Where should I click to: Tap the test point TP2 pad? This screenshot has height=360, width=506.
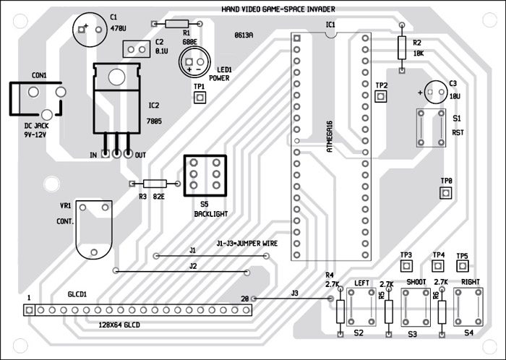[382, 99]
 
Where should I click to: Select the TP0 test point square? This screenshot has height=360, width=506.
[446, 193]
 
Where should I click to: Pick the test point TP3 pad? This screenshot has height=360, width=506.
[406, 267]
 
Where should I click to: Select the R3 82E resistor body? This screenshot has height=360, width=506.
[156, 184]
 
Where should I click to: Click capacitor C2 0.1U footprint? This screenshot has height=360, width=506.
[135, 48]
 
